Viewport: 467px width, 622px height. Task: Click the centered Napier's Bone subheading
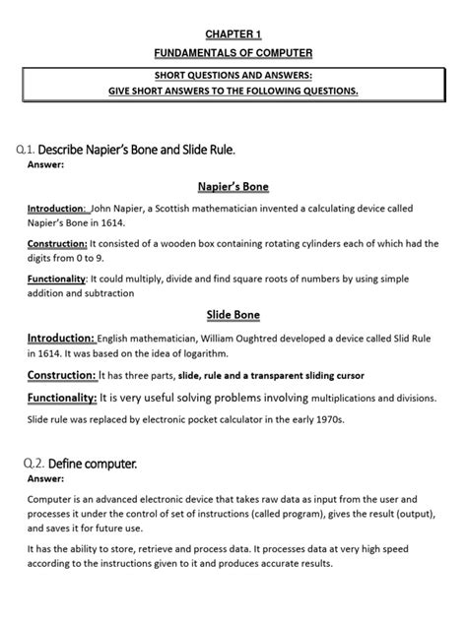[x=233, y=187]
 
